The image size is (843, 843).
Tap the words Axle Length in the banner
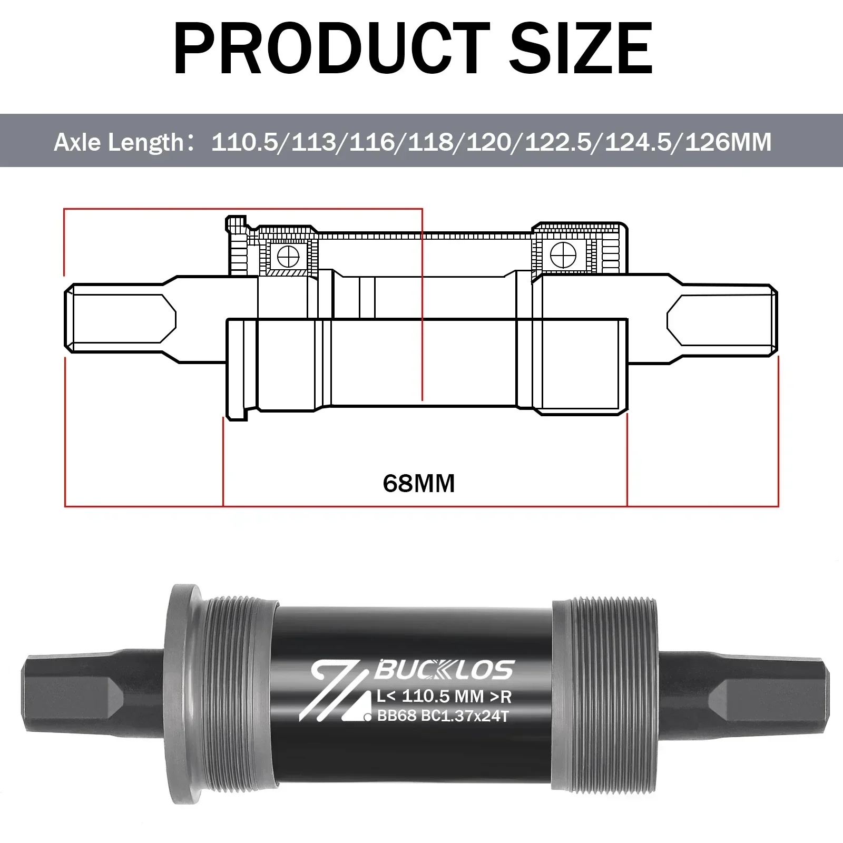pyautogui.click(x=119, y=142)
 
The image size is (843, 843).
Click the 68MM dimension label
pyautogui.click(x=419, y=483)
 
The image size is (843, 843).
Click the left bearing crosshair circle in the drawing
pyautogui.click(x=288, y=257)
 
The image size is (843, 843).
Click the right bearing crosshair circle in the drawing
pyautogui.click(x=563, y=254)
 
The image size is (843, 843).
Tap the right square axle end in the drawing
pyautogui.click(x=722, y=319)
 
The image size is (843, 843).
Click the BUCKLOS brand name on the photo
pyautogui.click(x=443, y=671)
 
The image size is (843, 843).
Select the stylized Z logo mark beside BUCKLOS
pyautogui.click(x=337, y=690)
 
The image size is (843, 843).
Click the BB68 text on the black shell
pyautogui.click(x=397, y=716)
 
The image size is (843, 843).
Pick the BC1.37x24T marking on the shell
pyautogui.click(x=465, y=716)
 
